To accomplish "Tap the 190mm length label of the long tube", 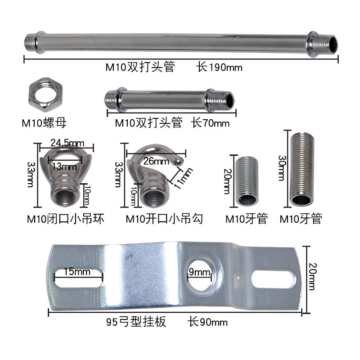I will coord(219,67).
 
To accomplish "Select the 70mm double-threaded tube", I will coord(170,100).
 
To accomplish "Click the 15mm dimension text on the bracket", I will coord(76,272).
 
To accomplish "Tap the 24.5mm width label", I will coord(67,143).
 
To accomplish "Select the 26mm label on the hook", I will coord(154,161).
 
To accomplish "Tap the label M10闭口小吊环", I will coord(66,219).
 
